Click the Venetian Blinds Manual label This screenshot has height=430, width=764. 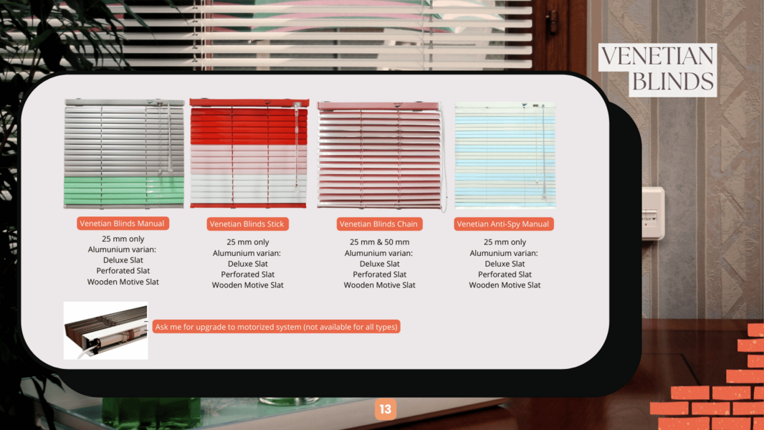pos(123,224)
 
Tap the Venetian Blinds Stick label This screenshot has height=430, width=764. pos(247,224)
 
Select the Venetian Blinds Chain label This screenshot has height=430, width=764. pos(378,224)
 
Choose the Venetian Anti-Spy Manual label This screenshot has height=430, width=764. pos(503,224)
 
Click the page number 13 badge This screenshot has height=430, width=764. pos(386,409)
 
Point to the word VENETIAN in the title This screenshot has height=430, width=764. pos(657,57)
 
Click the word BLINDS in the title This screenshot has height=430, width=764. pos(672,81)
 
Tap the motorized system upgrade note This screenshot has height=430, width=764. pos(276,327)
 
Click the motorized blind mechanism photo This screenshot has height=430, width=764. pos(106,330)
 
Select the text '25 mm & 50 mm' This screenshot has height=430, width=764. pos(380,242)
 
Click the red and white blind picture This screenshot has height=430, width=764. pos(249,153)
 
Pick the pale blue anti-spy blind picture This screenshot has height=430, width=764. pos(505,156)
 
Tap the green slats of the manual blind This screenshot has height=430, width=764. pos(124,191)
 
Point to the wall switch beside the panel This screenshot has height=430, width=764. pos(653,214)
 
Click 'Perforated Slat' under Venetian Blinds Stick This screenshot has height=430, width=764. pos(247,274)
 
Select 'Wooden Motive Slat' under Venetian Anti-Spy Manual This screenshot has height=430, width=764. pos(505,285)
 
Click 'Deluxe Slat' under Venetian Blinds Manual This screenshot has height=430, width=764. pos(123,261)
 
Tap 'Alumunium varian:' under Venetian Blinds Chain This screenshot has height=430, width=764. pos(378,253)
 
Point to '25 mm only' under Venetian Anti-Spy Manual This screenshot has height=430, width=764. pos(505,242)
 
